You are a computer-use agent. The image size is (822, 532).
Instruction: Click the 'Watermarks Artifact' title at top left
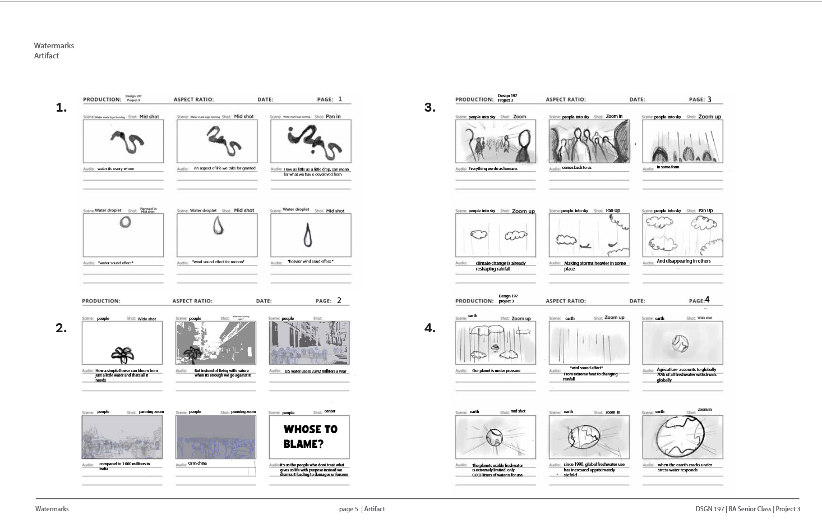pyautogui.click(x=54, y=51)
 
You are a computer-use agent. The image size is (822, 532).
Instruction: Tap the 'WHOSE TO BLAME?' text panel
pyautogui.click(x=310, y=437)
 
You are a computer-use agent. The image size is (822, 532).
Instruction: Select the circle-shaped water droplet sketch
pyautogui.click(x=125, y=222)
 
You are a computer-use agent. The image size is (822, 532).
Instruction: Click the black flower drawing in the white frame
pyautogui.click(x=122, y=354)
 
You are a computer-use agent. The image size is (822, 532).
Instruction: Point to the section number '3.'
pyautogui.click(x=430, y=107)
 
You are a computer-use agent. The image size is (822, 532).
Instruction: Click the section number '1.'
pyautogui.click(x=61, y=107)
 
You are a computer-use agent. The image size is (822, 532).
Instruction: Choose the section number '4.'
pyautogui.click(x=430, y=328)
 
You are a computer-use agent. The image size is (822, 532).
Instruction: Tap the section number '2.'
pyautogui.click(x=61, y=328)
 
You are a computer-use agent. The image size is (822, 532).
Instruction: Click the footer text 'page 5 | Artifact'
pyautogui.click(x=362, y=509)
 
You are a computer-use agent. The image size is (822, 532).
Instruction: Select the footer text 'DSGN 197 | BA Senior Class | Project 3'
pyautogui.click(x=747, y=509)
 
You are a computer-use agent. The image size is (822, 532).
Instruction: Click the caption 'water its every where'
pyautogui.click(x=116, y=168)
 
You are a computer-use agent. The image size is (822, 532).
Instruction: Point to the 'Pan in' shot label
pyautogui.click(x=333, y=117)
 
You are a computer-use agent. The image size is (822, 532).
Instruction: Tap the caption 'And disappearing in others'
pyautogui.click(x=684, y=261)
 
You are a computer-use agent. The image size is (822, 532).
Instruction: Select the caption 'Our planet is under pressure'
pyautogui.click(x=496, y=370)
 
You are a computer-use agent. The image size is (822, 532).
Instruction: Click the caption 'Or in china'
pyautogui.click(x=197, y=464)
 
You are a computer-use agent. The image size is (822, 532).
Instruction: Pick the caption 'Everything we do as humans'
pyautogui.click(x=493, y=168)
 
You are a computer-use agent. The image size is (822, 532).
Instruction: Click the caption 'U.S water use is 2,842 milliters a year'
pyautogui.click(x=315, y=371)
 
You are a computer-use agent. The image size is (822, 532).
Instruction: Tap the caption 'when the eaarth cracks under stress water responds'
pyautogui.click(x=684, y=467)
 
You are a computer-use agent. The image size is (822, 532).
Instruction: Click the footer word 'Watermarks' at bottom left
pyautogui.click(x=52, y=509)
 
